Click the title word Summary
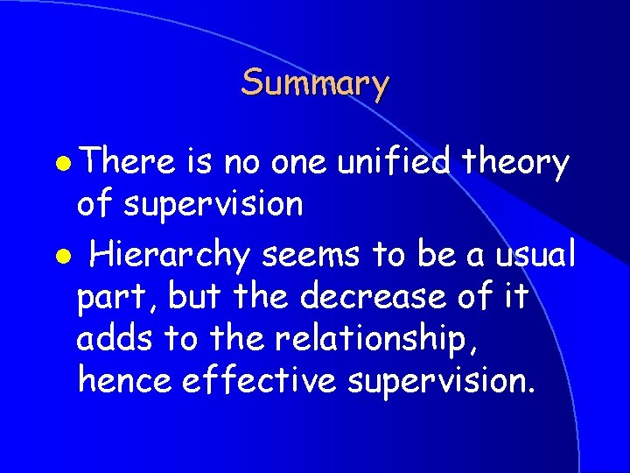tap(315, 84)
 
